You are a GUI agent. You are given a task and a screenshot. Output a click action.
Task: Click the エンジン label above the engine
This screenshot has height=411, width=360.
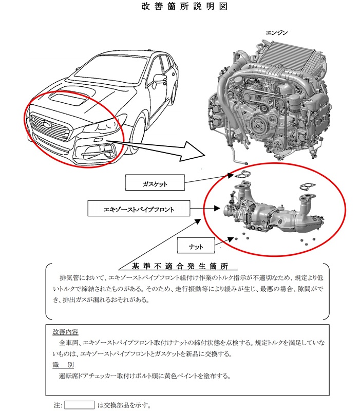276,32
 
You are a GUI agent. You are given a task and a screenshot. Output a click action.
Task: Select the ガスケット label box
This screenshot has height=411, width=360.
155,183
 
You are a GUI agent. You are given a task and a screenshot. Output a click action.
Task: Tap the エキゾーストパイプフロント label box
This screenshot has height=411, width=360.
139,209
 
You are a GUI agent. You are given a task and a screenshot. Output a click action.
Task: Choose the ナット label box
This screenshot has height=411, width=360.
195,246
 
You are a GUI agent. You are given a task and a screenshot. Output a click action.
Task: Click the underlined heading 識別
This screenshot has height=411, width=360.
63,364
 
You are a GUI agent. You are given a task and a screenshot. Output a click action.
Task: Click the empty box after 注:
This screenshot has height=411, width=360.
79,405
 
